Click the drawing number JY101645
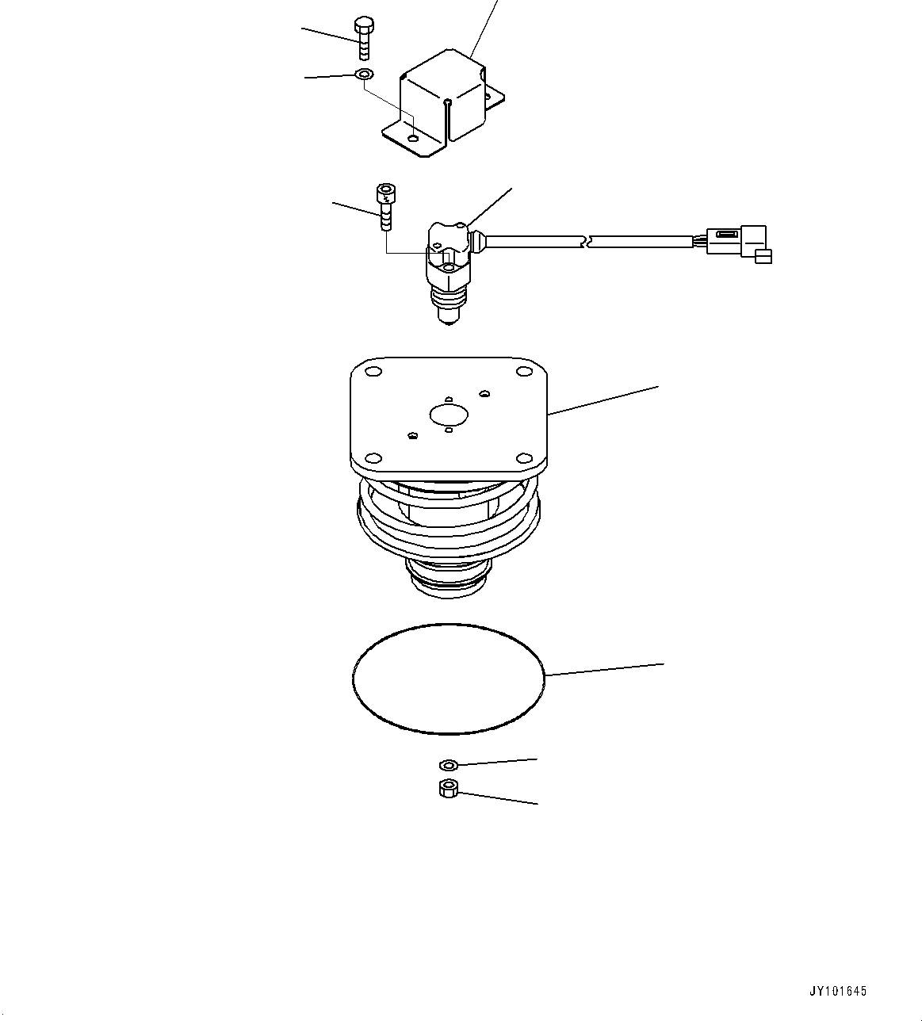[x=838, y=991]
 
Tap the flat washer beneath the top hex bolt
[x=365, y=75]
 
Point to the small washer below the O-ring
[x=448, y=765]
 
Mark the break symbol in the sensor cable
[x=586, y=240]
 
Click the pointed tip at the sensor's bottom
[x=448, y=319]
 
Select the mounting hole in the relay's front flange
[x=413, y=140]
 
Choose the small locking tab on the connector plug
[x=763, y=255]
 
